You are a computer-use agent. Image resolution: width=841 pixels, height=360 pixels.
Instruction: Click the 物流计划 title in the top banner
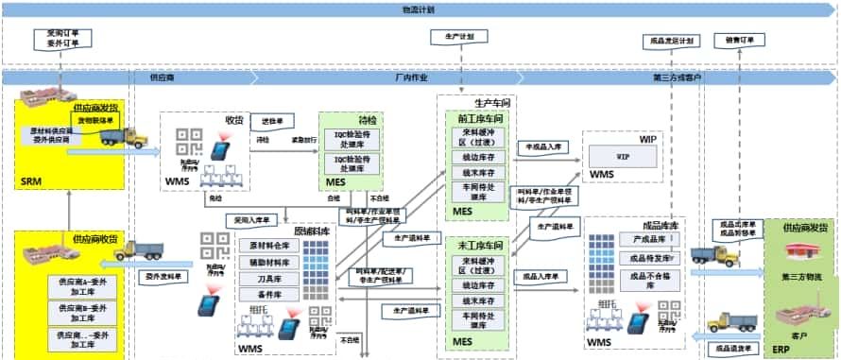(x=420, y=9)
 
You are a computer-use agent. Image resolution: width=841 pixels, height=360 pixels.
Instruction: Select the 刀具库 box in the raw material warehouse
(x=269, y=278)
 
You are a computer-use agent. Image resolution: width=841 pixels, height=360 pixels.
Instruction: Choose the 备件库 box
(x=269, y=294)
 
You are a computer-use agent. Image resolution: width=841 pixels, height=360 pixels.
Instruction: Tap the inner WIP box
(x=623, y=156)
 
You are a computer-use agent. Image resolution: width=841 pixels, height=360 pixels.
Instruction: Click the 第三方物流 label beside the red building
(x=805, y=277)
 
